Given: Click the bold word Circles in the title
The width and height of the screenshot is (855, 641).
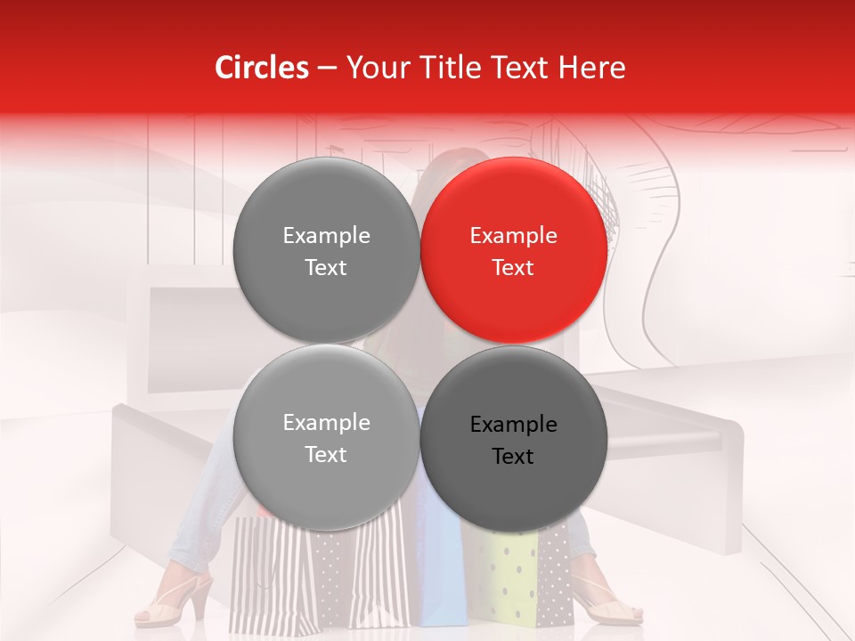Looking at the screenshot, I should coord(262,68).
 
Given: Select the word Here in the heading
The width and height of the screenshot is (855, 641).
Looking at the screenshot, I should coord(591,68).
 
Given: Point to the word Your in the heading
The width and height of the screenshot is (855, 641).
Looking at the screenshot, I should coord(372,68).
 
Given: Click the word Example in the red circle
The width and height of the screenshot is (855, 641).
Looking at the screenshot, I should coord(514,236).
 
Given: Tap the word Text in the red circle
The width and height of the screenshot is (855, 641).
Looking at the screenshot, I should coord(514,268).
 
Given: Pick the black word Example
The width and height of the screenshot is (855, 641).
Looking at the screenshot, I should coord(514,425).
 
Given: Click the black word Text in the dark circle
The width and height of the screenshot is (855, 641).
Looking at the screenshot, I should coord(514,457).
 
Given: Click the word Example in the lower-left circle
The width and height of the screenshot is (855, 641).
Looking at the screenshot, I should coord(326,423).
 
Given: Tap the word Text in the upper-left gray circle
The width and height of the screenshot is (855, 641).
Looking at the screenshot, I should coord(326,268).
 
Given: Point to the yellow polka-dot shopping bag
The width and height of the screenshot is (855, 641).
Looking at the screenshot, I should coord(512,579).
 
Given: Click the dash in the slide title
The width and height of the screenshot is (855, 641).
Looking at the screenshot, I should coord(327,69).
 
